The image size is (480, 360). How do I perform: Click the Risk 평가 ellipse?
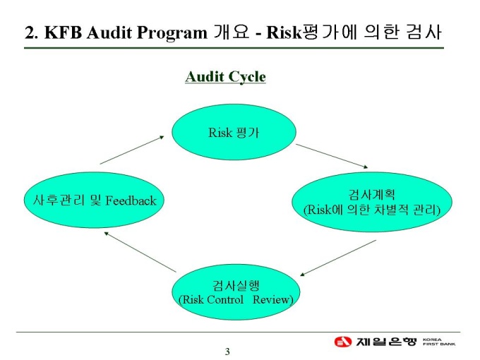[x=234, y=132]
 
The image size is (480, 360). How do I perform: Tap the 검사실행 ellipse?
[x=236, y=292]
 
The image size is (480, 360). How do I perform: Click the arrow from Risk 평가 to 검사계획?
[x=332, y=155]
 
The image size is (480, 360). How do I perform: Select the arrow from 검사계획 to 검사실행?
[x=338, y=258]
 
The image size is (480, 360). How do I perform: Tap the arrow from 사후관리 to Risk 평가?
[x=132, y=150]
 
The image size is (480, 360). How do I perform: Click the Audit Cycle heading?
[x=225, y=76]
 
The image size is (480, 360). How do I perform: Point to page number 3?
[x=227, y=352]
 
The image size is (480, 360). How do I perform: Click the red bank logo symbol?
[x=343, y=342]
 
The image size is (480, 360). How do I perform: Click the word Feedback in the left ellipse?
[x=131, y=200]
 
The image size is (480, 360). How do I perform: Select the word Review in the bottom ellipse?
[x=272, y=299]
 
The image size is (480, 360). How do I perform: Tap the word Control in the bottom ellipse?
[x=224, y=299]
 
